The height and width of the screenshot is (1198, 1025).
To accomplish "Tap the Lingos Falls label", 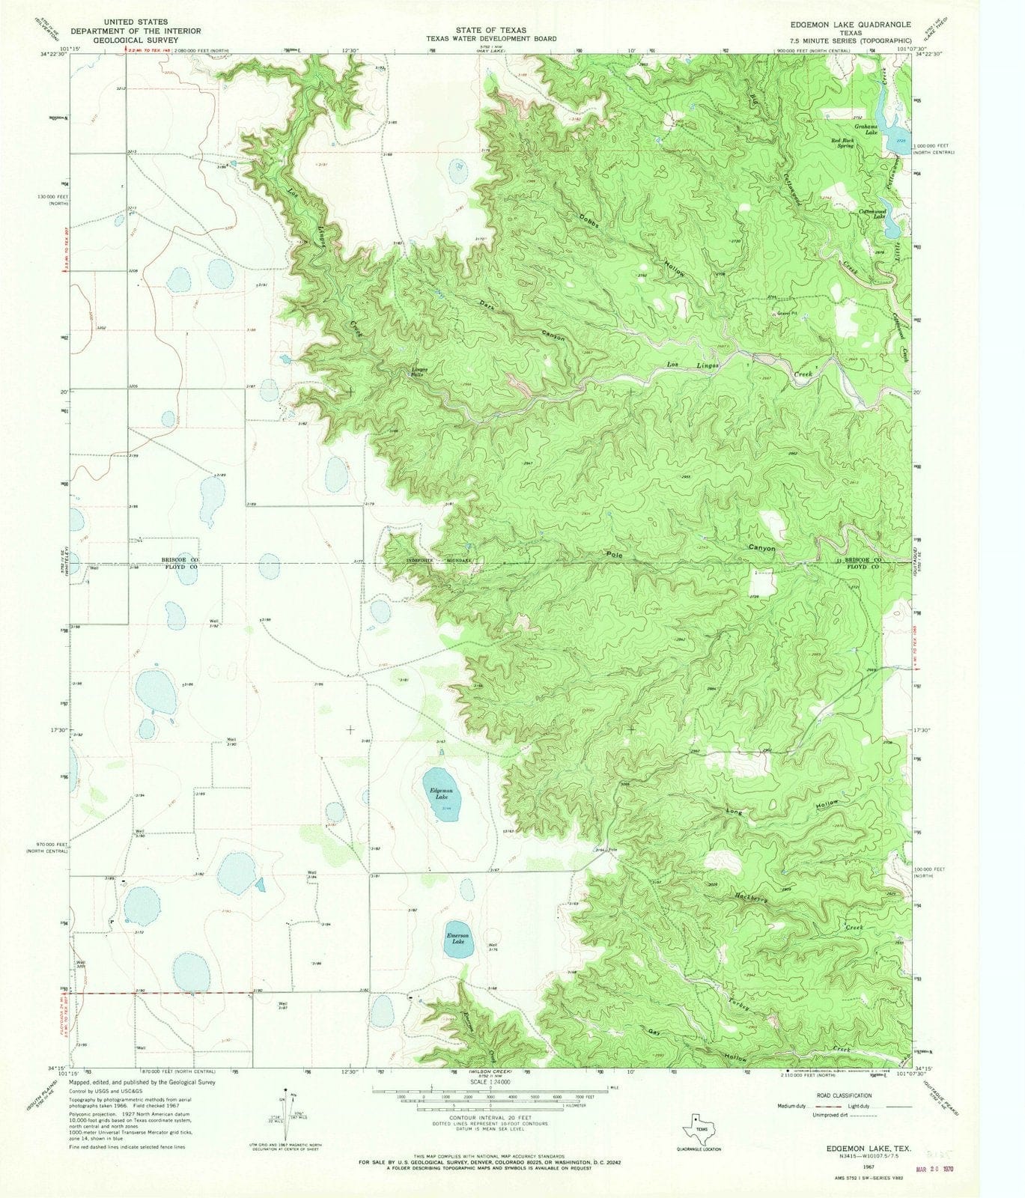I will click(x=417, y=371).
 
